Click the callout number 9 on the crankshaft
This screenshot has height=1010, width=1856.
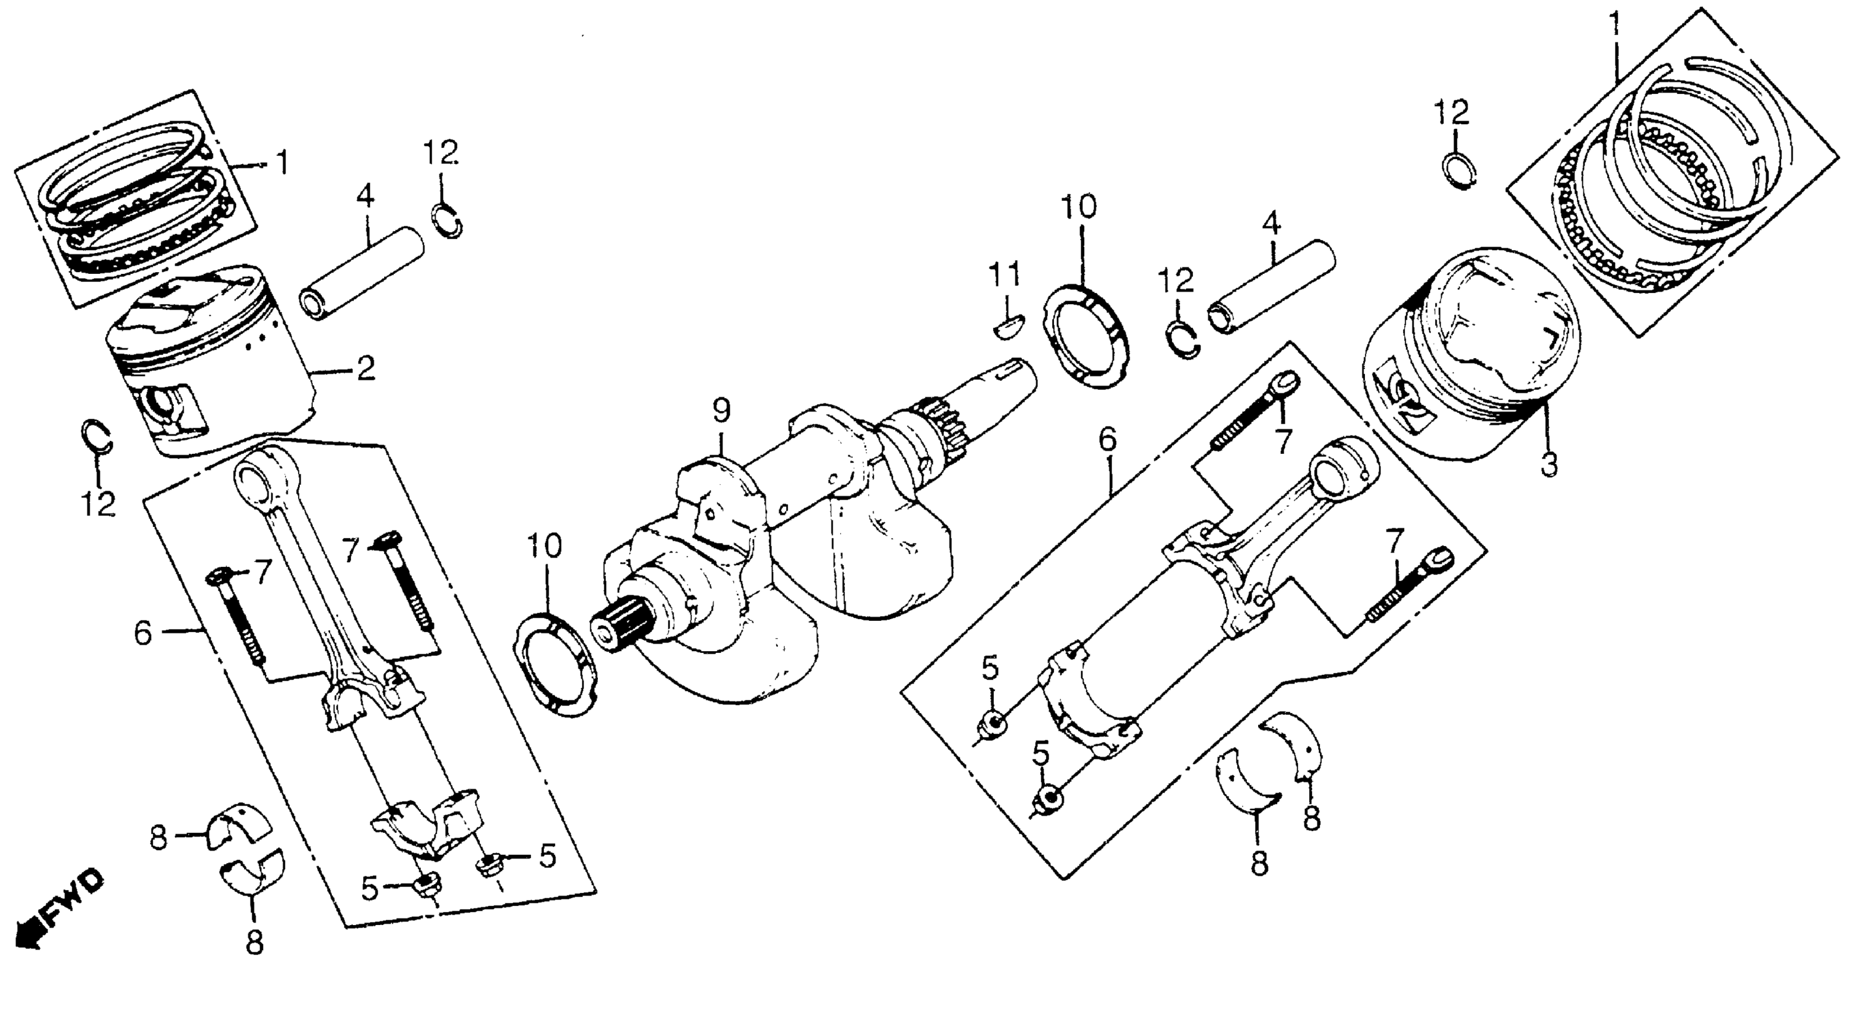pyautogui.click(x=721, y=412)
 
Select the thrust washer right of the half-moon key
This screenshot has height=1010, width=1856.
pyautogui.click(x=1087, y=337)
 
